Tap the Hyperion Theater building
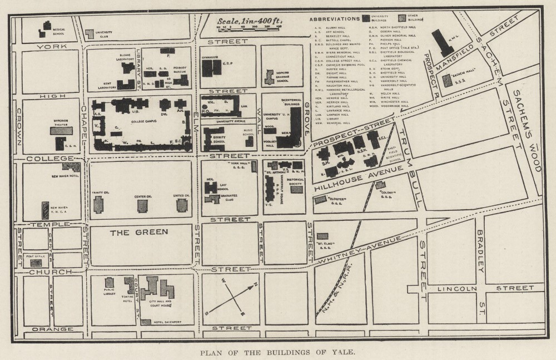[61, 131]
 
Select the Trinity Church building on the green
[98, 205]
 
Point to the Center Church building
[143, 206]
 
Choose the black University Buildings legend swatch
[366, 18]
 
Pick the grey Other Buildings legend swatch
[402, 18]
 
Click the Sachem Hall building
[447, 80]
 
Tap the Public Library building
[110, 283]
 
